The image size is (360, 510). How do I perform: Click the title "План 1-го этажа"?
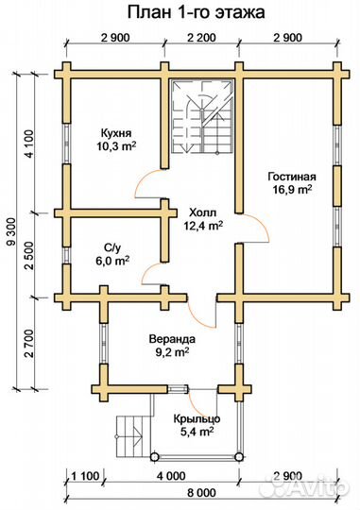tap(196, 12)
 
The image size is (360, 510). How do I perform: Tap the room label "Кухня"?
tap(116, 133)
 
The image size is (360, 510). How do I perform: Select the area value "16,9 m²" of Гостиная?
tap(292, 189)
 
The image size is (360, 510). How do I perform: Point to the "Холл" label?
tap(202, 213)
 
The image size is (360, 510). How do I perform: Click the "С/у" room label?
tap(112, 248)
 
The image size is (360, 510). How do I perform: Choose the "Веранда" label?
tap(172, 339)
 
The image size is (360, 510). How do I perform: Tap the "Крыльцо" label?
tap(197, 418)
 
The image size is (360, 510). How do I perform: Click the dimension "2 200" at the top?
tap(202, 38)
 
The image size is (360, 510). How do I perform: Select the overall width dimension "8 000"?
tap(201, 492)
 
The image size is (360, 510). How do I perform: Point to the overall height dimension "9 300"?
tap(11, 231)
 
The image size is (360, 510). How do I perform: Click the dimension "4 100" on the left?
tap(28, 144)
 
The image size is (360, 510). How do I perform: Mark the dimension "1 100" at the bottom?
tap(85, 476)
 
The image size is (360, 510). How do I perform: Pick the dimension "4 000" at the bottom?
tap(172, 476)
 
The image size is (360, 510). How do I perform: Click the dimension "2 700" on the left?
tap(28, 344)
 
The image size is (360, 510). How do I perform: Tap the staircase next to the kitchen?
tap(203, 115)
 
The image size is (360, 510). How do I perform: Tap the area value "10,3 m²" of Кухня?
tap(116, 145)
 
